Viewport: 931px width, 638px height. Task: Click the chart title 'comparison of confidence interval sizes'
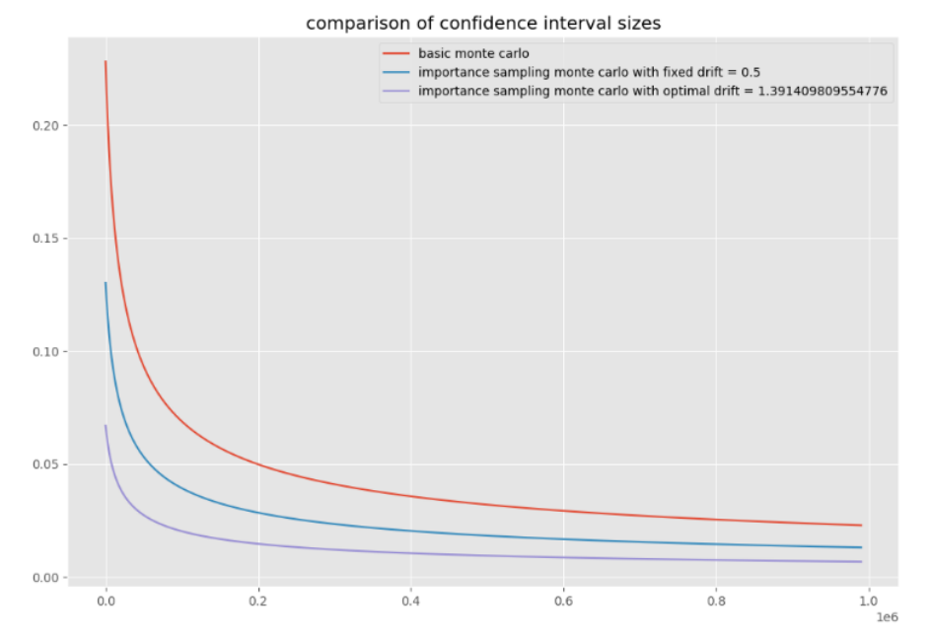point(483,23)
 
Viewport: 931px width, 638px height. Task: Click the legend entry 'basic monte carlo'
point(473,53)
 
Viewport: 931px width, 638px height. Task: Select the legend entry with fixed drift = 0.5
point(588,72)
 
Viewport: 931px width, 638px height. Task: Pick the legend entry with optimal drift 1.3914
point(652,91)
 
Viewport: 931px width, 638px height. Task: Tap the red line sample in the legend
point(395,53)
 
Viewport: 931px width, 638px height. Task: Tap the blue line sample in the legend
point(395,72)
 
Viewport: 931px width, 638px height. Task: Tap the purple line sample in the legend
point(395,91)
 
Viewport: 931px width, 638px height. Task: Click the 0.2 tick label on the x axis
point(258,600)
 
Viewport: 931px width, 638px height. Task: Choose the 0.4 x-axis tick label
point(411,600)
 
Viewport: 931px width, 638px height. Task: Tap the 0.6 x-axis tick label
point(564,600)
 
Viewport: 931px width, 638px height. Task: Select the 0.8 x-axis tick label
point(717,600)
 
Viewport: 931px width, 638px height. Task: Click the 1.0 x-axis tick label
point(869,600)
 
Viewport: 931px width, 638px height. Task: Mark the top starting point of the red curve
point(106,62)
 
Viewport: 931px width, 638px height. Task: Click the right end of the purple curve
point(861,562)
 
